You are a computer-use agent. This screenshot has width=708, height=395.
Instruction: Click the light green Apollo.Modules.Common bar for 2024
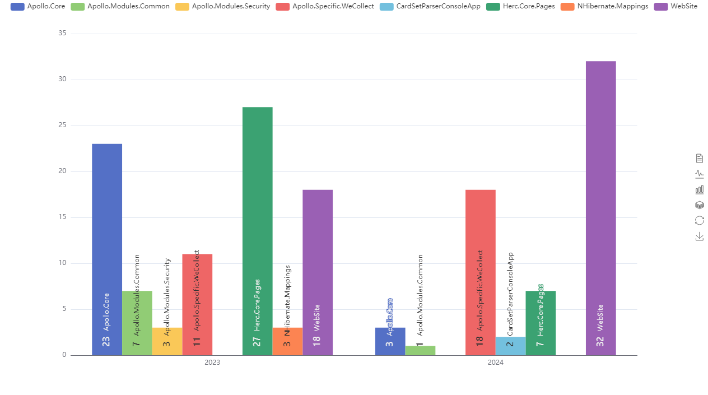pos(420,351)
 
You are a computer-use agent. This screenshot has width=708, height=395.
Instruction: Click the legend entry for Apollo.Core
pos(38,6)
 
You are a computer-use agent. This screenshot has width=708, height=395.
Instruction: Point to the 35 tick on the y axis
pos(62,34)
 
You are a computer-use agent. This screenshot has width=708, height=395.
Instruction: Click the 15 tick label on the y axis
pos(62,217)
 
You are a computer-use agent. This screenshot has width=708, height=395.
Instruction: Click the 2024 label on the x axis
pos(495,363)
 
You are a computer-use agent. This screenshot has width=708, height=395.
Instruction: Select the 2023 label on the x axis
pos(212,363)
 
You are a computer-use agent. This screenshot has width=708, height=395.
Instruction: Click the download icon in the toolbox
pos(700,236)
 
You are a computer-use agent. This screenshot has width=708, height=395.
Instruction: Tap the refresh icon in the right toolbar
pos(700,221)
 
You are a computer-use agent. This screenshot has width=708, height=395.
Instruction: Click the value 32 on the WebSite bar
pos(600,341)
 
